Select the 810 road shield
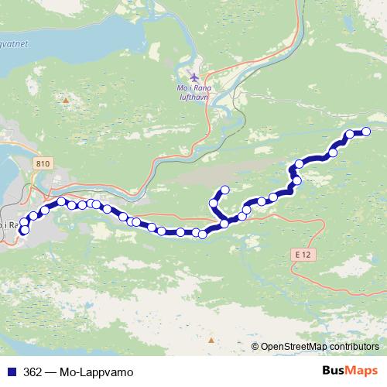(43, 164)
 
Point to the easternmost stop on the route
(366, 132)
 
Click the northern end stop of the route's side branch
(225, 189)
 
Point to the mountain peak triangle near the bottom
(211, 339)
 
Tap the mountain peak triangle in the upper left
(67, 100)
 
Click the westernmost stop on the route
(24, 230)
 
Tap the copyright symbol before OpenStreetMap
(255, 347)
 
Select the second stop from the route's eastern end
(350, 134)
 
